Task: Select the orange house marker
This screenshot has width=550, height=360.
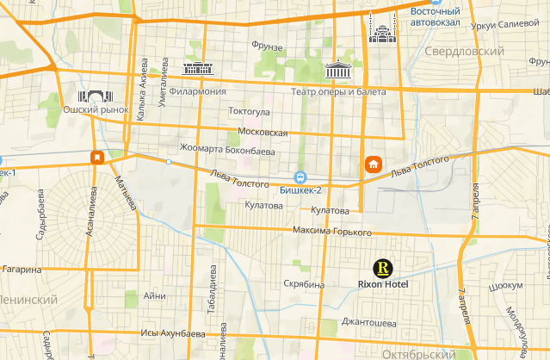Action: click(x=374, y=164)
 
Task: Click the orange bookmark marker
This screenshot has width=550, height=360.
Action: click(x=98, y=158)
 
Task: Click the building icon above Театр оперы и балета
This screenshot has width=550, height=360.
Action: click(x=337, y=71)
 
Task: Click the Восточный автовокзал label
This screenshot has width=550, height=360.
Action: click(x=434, y=16)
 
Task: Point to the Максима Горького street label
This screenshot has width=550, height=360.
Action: click(x=331, y=233)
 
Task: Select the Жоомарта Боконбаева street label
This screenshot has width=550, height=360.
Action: click(x=226, y=150)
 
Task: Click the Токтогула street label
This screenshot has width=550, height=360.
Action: click(x=250, y=111)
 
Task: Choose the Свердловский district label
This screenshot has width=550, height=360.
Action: click(x=464, y=53)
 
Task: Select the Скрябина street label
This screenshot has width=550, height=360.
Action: click(x=303, y=283)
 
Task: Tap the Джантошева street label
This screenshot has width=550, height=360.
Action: click(x=368, y=323)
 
